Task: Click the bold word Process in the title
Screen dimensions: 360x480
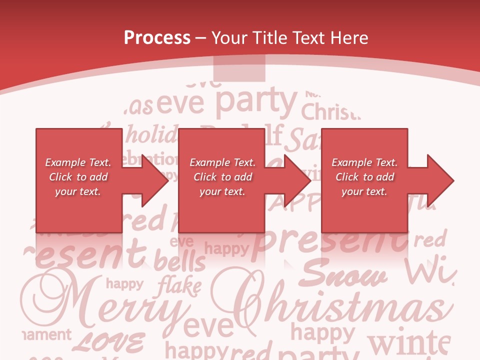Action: (x=157, y=38)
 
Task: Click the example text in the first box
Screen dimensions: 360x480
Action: (x=78, y=177)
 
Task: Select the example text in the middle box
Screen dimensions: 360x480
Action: (x=222, y=177)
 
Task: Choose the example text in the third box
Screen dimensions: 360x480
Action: (x=364, y=177)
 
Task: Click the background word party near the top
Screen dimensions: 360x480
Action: (x=256, y=101)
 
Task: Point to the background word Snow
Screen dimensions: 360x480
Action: (x=345, y=275)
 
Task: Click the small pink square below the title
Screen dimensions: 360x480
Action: (x=239, y=68)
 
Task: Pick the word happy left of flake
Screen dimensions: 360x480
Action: (x=124, y=284)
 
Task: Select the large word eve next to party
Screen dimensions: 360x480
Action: (x=181, y=103)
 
